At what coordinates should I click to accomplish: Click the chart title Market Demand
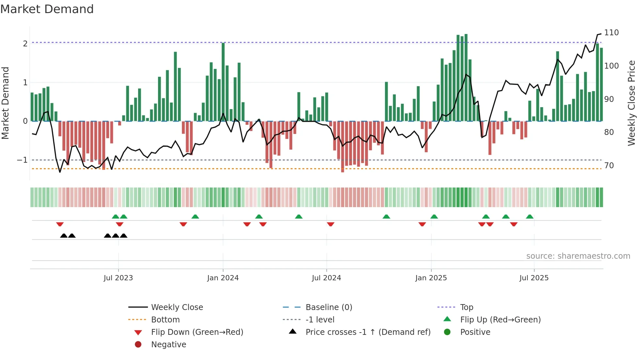click(x=47, y=9)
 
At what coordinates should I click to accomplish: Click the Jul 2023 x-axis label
click(x=118, y=278)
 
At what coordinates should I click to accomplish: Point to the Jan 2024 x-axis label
click(x=223, y=278)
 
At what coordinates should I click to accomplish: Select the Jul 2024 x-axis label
click(x=326, y=278)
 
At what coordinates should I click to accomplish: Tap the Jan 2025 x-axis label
click(x=431, y=278)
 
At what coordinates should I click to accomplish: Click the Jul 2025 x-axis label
click(x=534, y=278)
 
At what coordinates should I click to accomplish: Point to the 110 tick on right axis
click(x=611, y=33)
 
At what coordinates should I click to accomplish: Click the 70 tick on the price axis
click(x=609, y=166)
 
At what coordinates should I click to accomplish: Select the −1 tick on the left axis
click(x=22, y=160)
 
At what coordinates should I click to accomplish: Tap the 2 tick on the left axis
click(x=25, y=44)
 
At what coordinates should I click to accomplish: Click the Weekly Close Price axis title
click(x=632, y=103)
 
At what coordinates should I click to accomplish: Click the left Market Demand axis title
click(x=6, y=103)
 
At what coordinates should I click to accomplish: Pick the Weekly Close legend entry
click(x=177, y=307)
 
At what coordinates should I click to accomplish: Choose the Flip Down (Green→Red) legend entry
click(x=197, y=332)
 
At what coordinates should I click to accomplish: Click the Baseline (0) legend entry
click(x=328, y=307)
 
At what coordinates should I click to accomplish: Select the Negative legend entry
click(x=168, y=345)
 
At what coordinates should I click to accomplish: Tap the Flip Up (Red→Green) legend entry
click(x=500, y=320)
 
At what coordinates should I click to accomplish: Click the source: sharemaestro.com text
click(x=578, y=256)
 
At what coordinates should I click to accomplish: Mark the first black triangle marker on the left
click(x=64, y=236)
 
